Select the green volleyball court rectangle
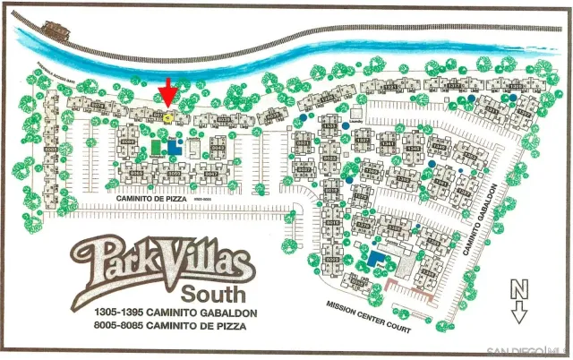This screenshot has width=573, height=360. pyautogui.click(x=158, y=146)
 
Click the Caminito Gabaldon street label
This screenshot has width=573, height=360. pyautogui.click(x=481, y=219)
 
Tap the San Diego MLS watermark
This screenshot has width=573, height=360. pyautogui.click(x=527, y=350)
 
